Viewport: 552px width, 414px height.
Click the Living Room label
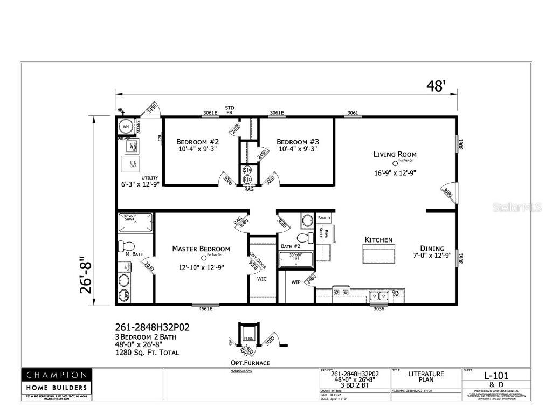pos(395,154)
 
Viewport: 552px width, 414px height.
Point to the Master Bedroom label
pos(201,249)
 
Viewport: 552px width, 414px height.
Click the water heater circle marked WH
pos(126,127)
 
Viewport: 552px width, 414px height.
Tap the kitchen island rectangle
pos(378,253)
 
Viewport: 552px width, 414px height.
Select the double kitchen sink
pos(379,295)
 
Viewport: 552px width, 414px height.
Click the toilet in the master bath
pos(126,246)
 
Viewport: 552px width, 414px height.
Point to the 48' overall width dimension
pos(436,86)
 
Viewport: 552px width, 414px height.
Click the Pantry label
pos(324,218)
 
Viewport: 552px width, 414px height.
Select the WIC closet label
pos(262,279)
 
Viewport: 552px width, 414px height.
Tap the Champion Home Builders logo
pos(57,381)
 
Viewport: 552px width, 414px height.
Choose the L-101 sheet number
pos(495,376)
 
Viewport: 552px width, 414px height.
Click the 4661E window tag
pos(203,309)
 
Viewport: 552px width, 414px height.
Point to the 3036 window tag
pos(379,309)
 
